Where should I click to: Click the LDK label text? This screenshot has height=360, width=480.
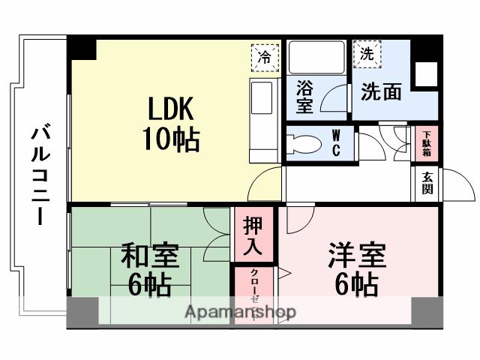click(x=171, y=110)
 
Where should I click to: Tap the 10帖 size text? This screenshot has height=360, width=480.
click(x=171, y=139)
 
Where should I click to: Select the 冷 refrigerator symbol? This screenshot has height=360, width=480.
click(x=264, y=56)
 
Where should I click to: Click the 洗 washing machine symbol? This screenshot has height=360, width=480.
click(x=367, y=53)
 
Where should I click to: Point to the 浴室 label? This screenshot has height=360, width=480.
click(x=304, y=94)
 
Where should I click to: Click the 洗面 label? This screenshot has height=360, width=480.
click(x=381, y=91)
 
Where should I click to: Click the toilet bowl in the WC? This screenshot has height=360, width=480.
click(x=304, y=142)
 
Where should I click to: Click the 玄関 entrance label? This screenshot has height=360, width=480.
click(x=427, y=184)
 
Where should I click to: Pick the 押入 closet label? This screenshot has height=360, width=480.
click(x=253, y=234)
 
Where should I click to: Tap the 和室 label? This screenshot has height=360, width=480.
click(x=149, y=256)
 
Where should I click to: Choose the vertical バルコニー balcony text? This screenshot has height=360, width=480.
click(x=40, y=177)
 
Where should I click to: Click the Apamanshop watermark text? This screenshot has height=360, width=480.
click(x=241, y=312)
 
